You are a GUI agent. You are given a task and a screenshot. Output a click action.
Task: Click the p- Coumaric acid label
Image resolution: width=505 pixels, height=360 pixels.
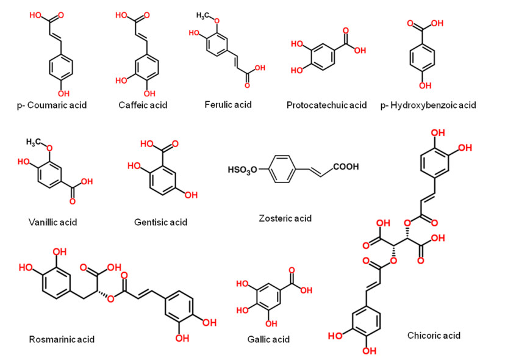point(52,105)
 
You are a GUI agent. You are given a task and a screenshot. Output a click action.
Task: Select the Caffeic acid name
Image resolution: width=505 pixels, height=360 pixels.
point(143,105)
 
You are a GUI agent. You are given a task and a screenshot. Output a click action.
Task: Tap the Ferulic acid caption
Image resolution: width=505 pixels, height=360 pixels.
point(228,104)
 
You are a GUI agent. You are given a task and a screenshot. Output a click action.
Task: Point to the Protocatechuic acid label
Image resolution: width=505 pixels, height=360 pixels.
point(326,105)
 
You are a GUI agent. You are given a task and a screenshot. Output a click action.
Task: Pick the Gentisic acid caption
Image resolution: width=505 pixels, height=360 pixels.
point(160,221)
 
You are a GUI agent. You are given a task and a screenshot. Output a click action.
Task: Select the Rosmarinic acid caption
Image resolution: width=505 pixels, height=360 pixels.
point(62,339)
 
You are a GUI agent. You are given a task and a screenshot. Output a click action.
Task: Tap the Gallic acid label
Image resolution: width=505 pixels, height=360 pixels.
point(268,339)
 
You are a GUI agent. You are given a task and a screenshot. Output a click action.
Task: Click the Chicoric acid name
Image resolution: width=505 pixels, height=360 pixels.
point(434,335)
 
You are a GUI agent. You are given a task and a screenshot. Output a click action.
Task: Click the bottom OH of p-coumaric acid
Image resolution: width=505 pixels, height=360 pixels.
point(63,93)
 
